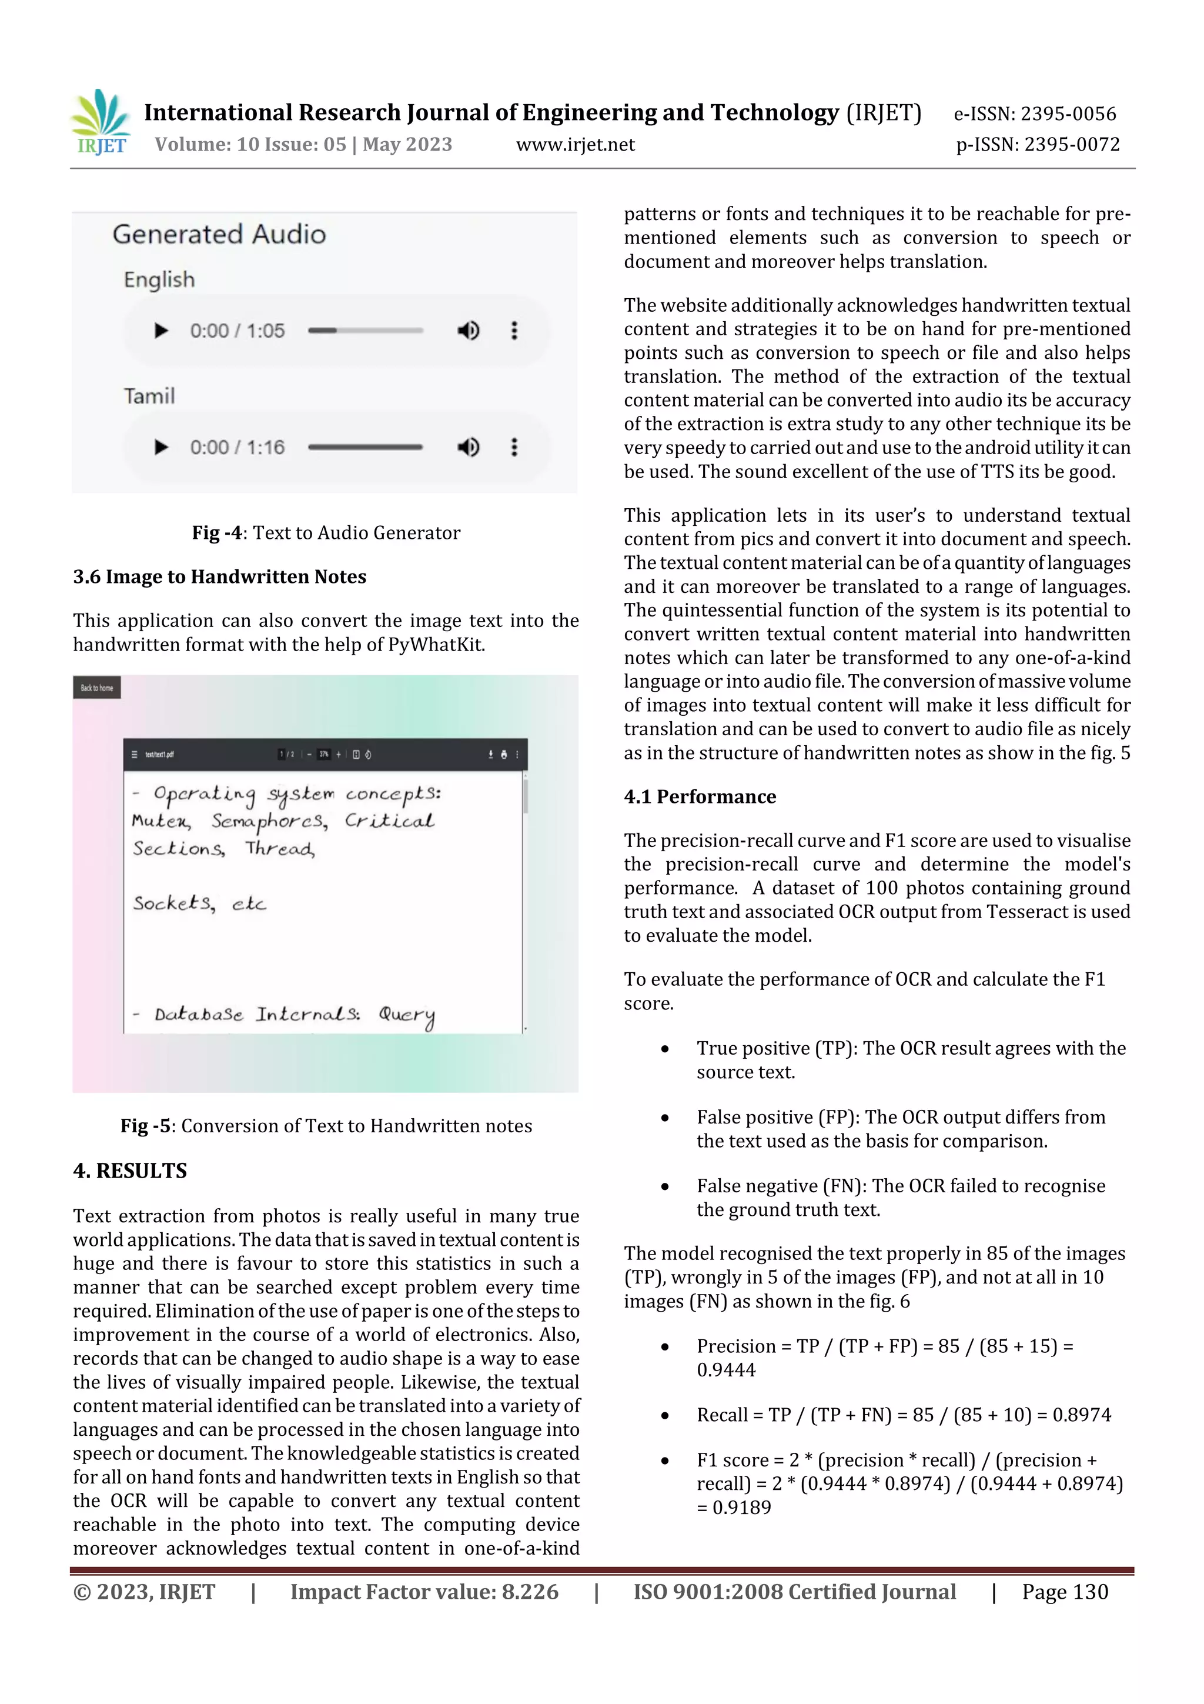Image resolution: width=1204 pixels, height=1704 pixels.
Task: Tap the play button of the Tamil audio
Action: click(161, 448)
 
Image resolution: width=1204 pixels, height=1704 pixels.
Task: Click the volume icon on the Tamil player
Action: click(468, 448)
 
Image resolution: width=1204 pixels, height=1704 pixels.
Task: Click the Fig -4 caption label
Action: click(216, 533)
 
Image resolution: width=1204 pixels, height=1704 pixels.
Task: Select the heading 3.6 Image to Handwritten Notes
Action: click(220, 576)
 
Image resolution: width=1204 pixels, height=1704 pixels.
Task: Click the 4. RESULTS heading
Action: click(130, 1171)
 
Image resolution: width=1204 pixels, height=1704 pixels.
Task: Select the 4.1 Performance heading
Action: click(700, 796)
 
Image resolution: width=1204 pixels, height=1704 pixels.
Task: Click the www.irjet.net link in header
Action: click(575, 145)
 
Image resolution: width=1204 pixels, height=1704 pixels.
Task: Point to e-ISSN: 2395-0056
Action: click(1035, 114)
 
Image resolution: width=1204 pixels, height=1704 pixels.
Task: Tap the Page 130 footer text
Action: click(1065, 1592)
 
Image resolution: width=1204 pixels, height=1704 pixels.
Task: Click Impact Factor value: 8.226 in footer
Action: click(424, 1592)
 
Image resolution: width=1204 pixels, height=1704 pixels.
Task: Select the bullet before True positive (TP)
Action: click(665, 1049)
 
